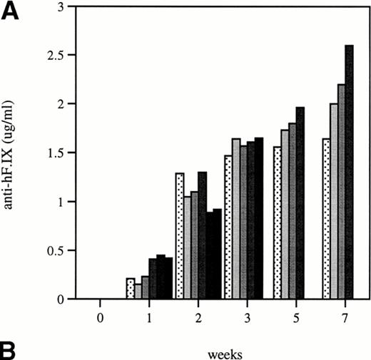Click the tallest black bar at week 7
pos(349,172)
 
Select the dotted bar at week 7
pos(326,219)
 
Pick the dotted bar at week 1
pos(130,289)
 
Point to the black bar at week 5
pos(300,203)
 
